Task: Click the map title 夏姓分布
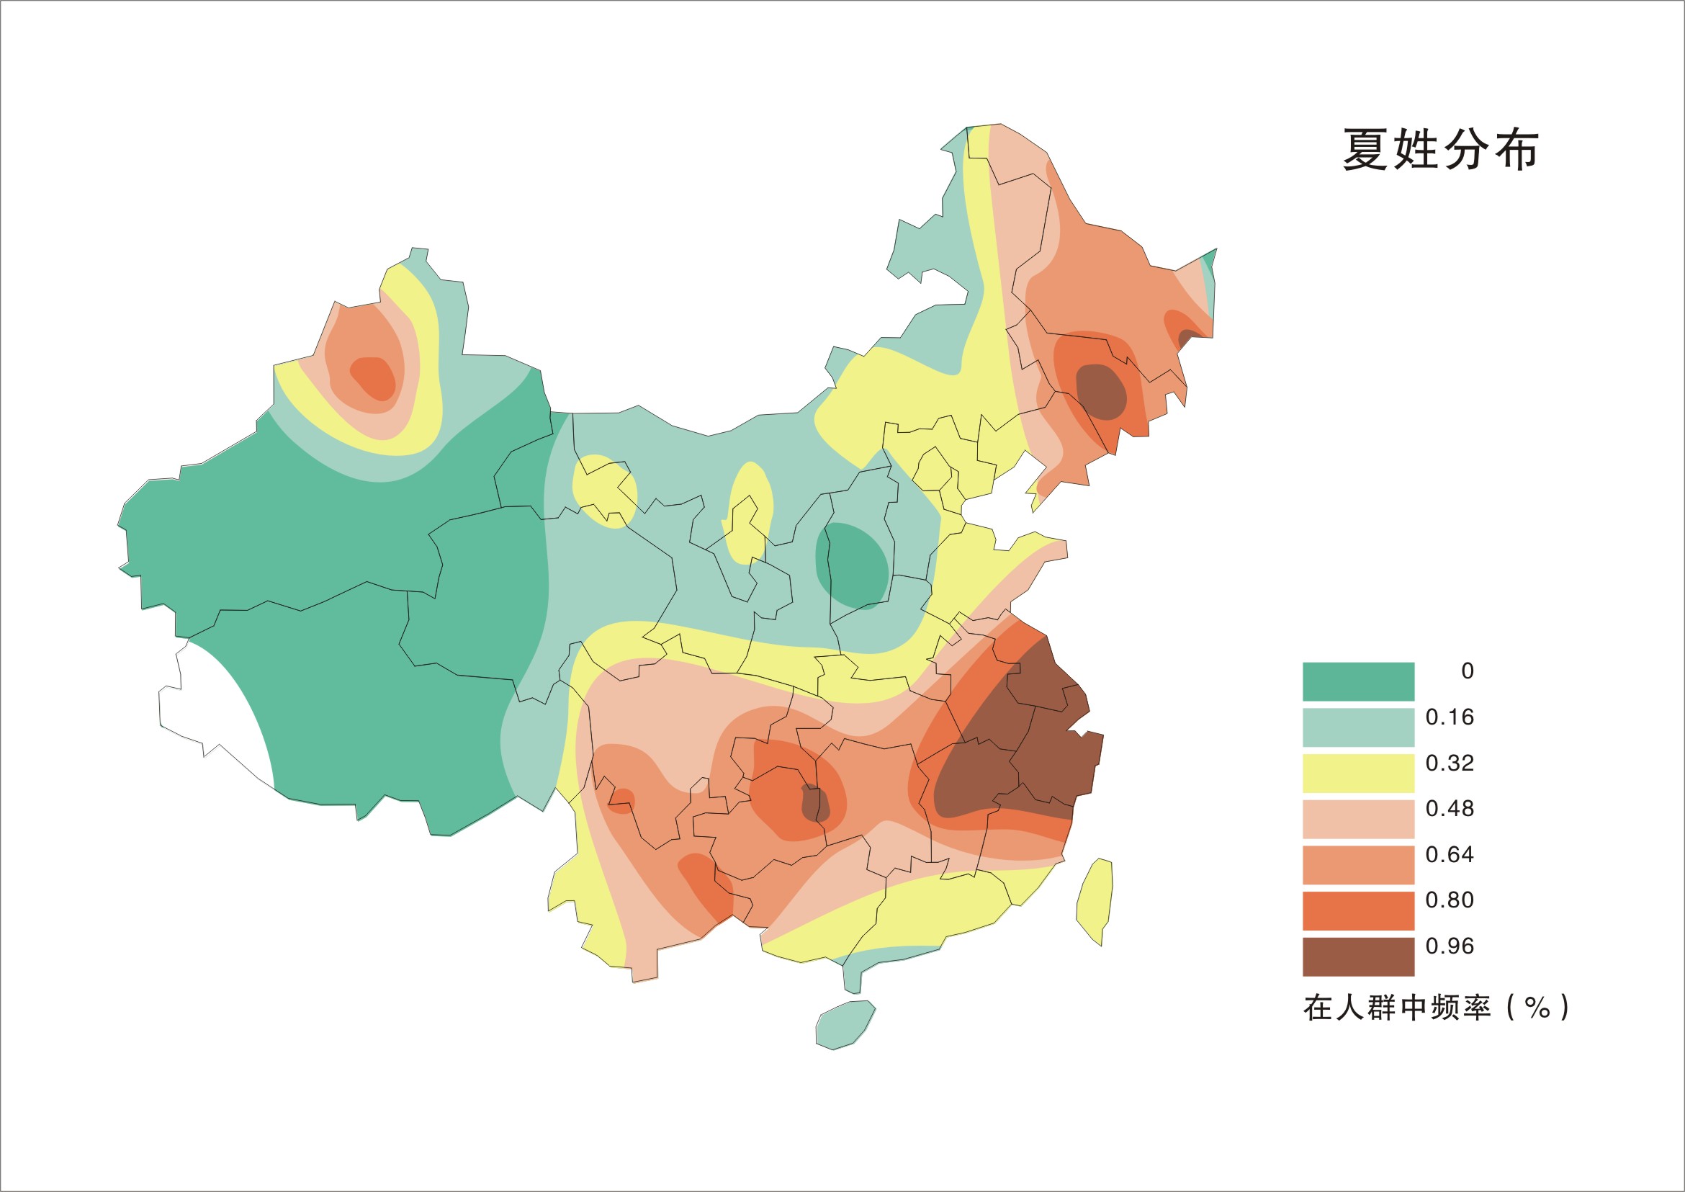point(1440,150)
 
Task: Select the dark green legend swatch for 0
point(1358,681)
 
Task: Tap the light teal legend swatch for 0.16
point(1358,727)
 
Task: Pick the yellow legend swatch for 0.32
point(1358,773)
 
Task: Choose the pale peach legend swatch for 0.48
point(1358,818)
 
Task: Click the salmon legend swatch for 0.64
point(1358,864)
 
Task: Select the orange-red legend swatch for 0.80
point(1358,910)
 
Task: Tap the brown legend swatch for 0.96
point(1358,956)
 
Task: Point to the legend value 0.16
point(1450,717)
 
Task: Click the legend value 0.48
point(1450,809)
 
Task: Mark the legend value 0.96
point(1450,946)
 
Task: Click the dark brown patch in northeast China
point(1101,390)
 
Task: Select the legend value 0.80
point(1450,900)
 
